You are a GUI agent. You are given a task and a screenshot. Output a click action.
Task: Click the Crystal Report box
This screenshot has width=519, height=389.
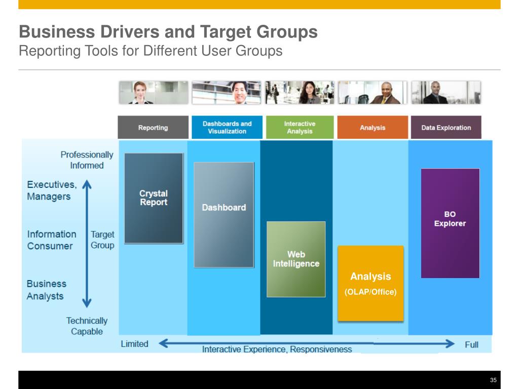154,198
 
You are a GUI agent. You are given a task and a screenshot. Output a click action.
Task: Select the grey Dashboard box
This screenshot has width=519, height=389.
224,214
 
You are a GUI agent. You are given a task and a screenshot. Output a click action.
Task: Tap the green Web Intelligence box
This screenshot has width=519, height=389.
296,259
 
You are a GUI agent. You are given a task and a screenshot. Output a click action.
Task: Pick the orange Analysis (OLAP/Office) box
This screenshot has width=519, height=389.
370,283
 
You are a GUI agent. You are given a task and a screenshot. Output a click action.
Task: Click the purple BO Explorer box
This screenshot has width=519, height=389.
450,223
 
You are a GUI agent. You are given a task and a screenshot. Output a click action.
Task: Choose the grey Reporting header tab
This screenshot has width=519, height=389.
153,128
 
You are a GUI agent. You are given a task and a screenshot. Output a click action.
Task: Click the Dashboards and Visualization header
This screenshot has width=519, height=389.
227,128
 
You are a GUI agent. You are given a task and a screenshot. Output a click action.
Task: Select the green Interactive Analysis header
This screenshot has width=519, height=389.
300,128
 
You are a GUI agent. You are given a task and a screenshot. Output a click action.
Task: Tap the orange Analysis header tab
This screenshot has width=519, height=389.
373,128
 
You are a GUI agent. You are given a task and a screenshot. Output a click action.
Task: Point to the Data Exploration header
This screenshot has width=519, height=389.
446,128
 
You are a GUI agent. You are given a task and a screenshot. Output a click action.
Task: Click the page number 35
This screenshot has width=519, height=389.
493,380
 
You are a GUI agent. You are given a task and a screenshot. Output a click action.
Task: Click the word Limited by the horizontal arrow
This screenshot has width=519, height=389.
134,344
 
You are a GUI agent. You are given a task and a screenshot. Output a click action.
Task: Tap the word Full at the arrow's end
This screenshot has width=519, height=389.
471,344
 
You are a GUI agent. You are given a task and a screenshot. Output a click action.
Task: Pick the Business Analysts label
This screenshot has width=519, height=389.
46,290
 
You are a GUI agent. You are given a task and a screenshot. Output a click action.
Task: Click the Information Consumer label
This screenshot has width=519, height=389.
51,240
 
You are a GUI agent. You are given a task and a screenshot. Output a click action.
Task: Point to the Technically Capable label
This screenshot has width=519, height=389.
87,326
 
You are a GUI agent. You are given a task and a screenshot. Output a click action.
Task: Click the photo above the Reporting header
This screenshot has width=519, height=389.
153,93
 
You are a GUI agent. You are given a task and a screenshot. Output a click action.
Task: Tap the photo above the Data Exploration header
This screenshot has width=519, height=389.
446,93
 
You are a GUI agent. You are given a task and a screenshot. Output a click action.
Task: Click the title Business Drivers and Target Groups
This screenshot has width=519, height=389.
168,32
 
